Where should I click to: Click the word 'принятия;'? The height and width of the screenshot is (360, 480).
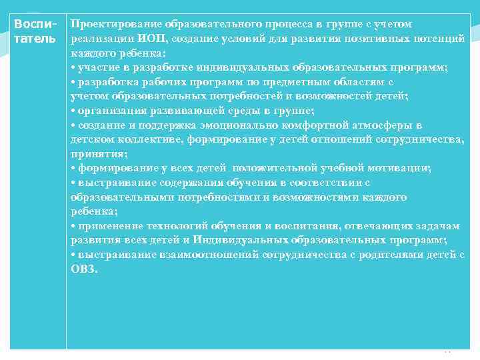[x=93, y=154]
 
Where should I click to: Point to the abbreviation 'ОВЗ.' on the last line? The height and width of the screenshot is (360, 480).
[x=84, y=269]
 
